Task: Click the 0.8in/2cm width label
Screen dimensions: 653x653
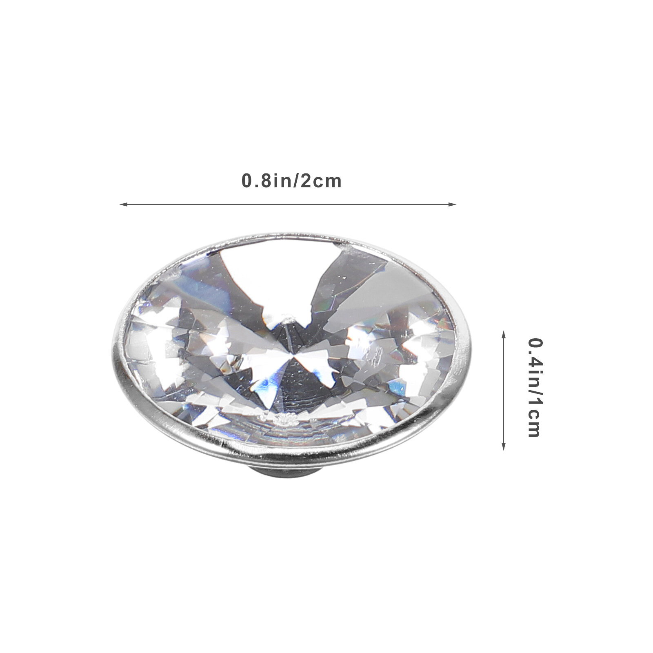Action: [291, 181]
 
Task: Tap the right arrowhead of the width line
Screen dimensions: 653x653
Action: [452, 204]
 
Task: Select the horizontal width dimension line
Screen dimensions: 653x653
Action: [288, 204]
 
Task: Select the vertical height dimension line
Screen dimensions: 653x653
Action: [503, 391]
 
